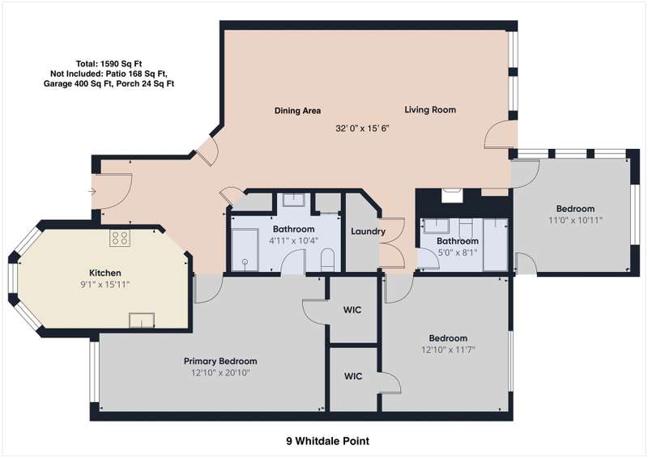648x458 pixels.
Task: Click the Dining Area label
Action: [x=297, y=111]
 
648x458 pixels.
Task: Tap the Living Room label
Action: [x=430, y=110]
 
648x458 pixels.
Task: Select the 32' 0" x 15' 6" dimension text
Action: [x=362, y=129]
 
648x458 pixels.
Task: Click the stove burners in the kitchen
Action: [x=120, y=237]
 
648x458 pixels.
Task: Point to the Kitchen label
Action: [x=105, y=273]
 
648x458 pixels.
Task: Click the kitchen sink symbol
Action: [x=142, y=320]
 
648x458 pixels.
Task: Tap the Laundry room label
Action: [x=368, y=231]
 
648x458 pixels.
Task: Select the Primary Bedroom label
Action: [x=220, y=362]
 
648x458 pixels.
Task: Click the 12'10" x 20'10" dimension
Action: [x=220, y=373]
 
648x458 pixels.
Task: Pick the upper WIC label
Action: [x=352, y=310]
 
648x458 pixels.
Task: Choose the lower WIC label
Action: [x=353, y=376]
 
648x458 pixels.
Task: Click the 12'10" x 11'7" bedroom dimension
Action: [x=448, y=350]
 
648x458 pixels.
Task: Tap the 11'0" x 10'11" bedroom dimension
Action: [x=575, y=221]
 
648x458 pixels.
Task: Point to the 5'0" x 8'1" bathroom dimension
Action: [x=457, y=252]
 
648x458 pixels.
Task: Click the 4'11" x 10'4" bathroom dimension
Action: [x=293, y=241]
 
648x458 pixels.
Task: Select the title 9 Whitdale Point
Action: [x=328, y=441]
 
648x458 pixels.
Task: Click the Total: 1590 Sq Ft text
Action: [x=109, y=64]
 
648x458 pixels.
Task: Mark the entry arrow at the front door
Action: [x=92, y=191]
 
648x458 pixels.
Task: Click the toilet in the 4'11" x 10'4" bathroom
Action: [x=327, y=260]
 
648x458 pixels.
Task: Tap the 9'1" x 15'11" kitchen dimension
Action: [x=105, y=285]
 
